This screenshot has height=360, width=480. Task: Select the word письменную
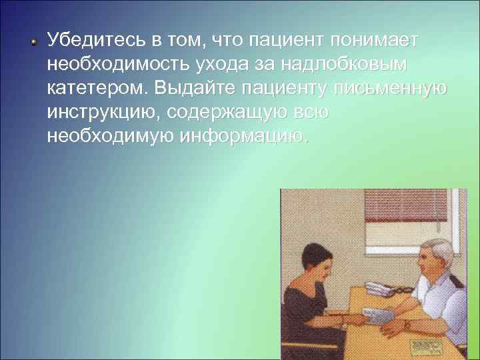(393, 89)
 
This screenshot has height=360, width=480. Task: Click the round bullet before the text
(34, 41)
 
